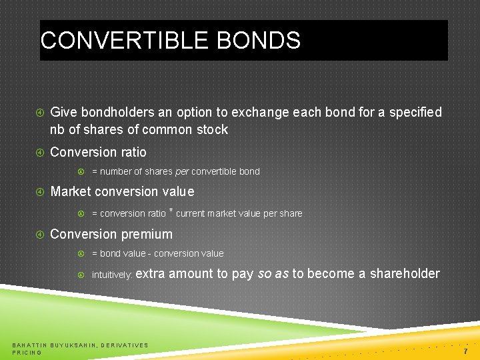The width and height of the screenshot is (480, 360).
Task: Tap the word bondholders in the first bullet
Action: tap(115, 112)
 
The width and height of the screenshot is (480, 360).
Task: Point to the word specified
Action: tap(415, 112)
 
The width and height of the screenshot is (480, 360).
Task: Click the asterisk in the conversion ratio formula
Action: tap(171, 211)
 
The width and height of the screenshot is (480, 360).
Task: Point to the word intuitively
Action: tap(113, 275)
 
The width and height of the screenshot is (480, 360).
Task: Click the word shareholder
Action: tap(405, 273)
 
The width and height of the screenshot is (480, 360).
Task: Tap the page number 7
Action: tap(467, 351)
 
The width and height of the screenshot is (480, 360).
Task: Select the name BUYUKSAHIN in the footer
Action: tap(73, 345)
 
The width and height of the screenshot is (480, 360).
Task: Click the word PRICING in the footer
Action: tap(27, 352)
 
